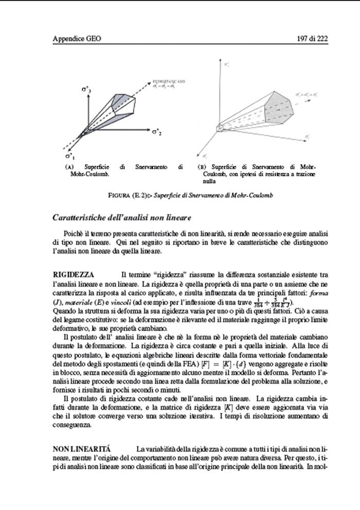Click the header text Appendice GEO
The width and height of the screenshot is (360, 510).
(x=75, y=39)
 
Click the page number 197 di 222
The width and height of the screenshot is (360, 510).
(x=313, y=39)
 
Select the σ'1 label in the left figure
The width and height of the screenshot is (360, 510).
(x=69, y=156)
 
